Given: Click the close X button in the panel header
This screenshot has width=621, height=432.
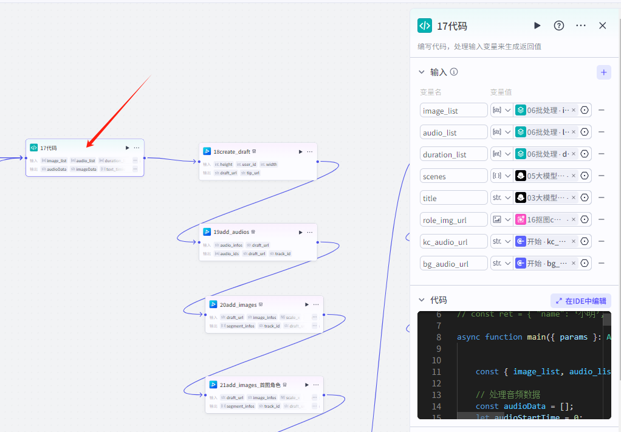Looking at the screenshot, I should (x=602, y=26).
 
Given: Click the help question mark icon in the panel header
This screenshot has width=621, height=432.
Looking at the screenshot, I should (x=559, y=26).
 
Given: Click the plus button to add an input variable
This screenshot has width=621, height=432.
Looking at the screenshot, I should (x=603, y=72).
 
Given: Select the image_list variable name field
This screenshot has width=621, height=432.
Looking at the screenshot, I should (x=453, y=111).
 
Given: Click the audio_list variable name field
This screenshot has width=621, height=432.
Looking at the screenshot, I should (x=453, y=132).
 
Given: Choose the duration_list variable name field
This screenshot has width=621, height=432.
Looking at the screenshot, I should (x=453, y=154).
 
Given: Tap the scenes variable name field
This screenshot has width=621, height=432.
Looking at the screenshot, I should (x=453, y=176).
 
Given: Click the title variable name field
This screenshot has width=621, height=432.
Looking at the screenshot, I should (x=453, y=198).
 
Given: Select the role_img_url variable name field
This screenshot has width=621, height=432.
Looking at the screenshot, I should (x=453, y=220).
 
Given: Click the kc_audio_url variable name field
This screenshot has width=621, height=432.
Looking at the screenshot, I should (x=453, y=242).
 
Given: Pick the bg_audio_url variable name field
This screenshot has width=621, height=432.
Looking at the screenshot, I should (x=453, y=264).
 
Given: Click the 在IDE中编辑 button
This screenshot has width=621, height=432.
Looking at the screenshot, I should (x=581, y=301).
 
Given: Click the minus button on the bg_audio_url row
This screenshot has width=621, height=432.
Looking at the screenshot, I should (x=602, y=264).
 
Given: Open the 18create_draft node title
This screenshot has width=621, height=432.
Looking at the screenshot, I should (x=232, y=151).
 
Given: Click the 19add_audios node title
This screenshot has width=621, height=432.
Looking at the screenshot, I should (x=231, y=232).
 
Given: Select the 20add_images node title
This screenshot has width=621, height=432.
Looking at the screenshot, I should (x=238, y=304).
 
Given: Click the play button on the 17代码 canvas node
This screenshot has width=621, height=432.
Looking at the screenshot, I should (x=127, y=148).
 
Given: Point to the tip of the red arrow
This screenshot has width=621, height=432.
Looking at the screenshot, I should (x=87, y=146).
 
